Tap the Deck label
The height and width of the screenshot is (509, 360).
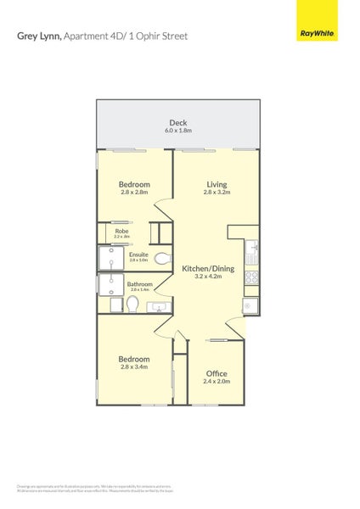pos(177,123)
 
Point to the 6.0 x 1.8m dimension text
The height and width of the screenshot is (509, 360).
pos(177,131)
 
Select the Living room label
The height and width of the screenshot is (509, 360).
pos(217,184)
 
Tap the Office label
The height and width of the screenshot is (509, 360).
pos(216,373)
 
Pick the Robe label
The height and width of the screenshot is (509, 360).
pos(121,231)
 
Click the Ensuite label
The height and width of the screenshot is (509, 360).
pos(138,254)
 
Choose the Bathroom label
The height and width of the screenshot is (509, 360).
pos(138,283)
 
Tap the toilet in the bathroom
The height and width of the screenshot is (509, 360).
pos(132,304)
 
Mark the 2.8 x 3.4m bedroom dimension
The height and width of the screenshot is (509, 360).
pos(134,366)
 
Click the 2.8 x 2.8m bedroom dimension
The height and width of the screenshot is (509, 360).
pos(134,193)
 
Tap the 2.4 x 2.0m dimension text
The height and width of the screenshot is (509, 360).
pos(216,382)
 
